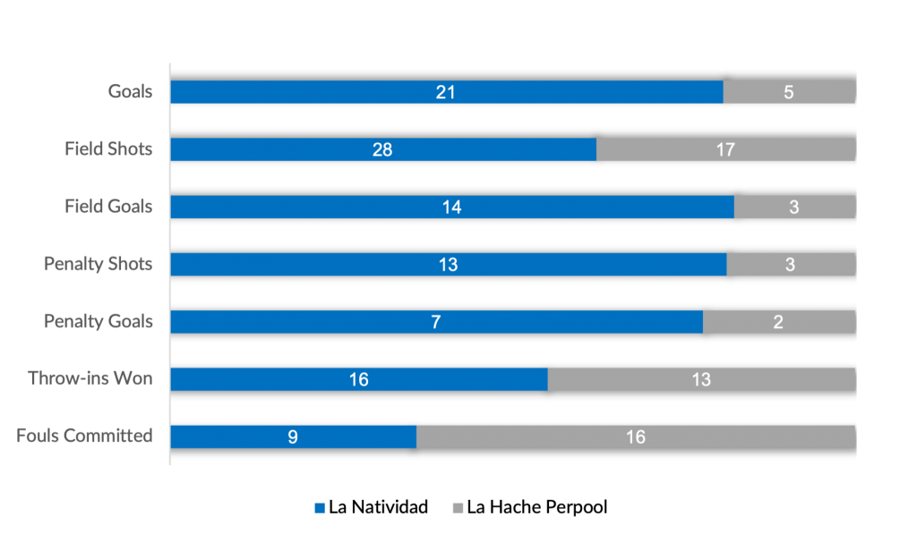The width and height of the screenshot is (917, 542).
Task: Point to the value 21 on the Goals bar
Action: point(446,92)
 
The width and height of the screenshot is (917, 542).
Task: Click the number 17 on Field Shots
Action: point(725,149)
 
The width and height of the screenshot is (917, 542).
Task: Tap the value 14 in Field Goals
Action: point(451,207)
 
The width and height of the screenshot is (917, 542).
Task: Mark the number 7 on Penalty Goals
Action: point(436,322)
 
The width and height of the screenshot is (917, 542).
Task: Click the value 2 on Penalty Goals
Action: point(778,322)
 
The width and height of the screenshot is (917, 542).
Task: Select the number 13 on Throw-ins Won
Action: point(701,379)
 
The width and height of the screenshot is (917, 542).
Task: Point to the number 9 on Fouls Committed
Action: point(293,437)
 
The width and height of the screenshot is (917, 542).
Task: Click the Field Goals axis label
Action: point(107,207)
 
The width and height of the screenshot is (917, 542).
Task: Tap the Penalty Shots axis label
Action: point(99,264)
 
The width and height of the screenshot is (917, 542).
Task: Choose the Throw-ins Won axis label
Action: point(90,378)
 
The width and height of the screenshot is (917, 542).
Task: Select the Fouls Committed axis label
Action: point(84,436)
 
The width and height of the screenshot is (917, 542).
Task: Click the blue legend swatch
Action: point(321,507)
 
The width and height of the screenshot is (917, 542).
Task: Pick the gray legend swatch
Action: point(458,507)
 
